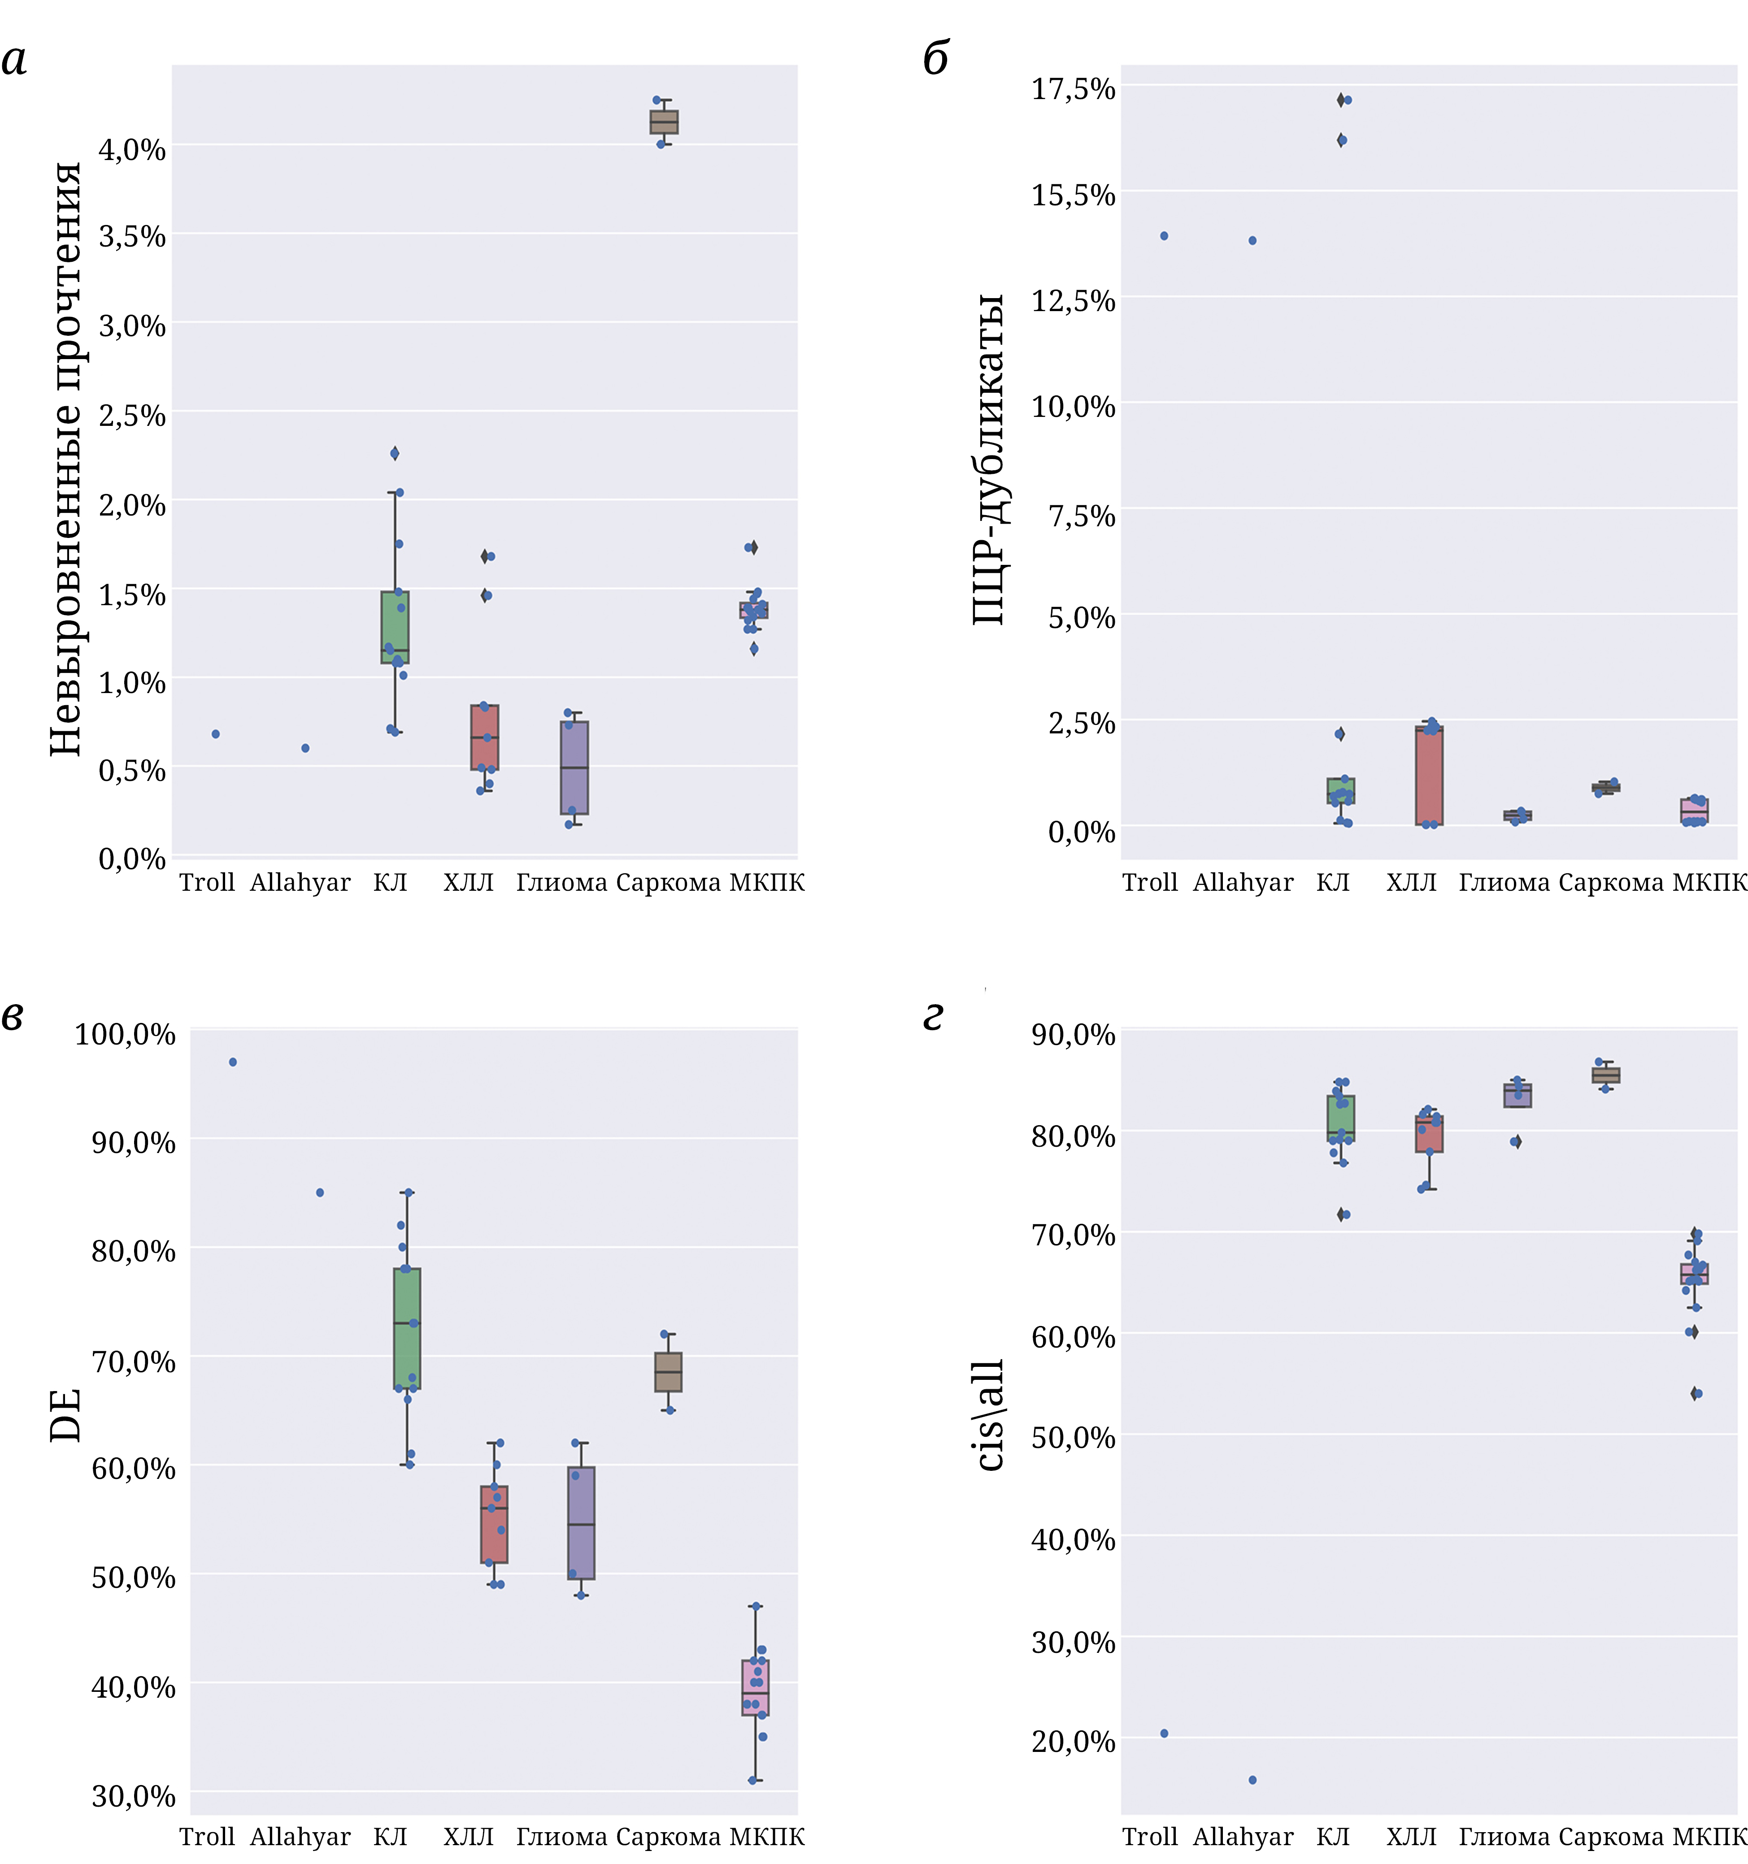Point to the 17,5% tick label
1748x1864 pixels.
pyautogui.click(x=1074, y=89)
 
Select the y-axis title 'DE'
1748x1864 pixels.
pyautogui.click(x=65, y=1416)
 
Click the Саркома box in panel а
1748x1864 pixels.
pyautogui.click(x=664, y=122)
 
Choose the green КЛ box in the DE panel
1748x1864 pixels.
pyautogui.click(x=407, y=1329)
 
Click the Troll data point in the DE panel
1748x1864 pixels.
pyautogui.click(x=233, y=1062)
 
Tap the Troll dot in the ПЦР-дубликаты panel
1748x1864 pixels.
pyautogui.click(x=1164, y=236)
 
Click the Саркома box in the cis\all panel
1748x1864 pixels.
pyautogui.click(x=1605, y=1075)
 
